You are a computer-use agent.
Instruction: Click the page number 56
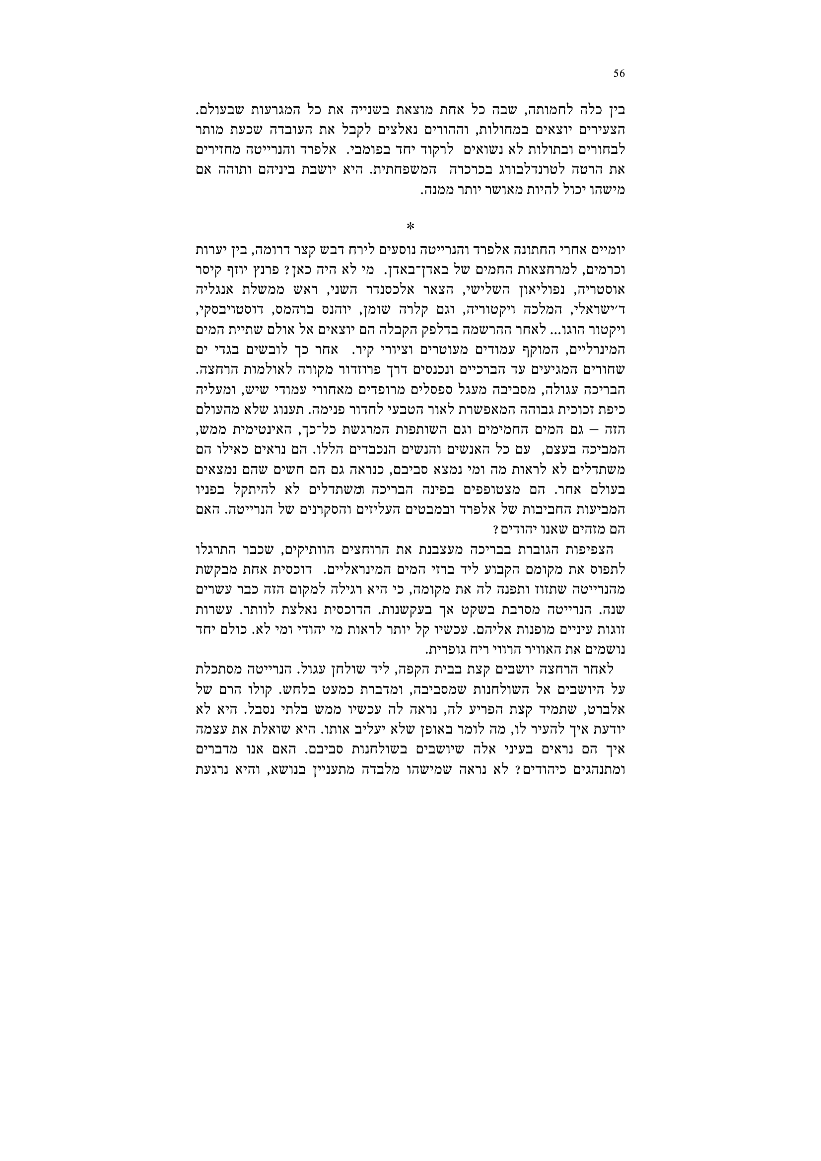tap(619, 73)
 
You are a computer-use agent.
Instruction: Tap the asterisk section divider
tap(410, 226)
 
